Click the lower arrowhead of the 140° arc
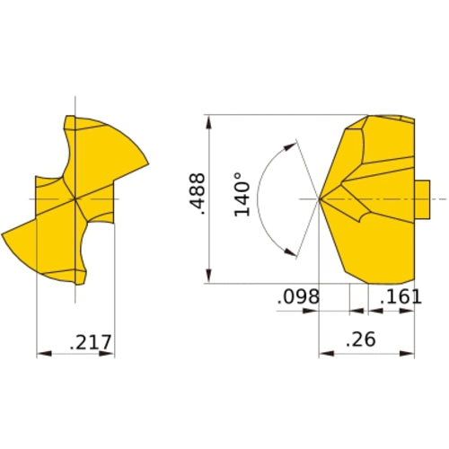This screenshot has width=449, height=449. [291, 252]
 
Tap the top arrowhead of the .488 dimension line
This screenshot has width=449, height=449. [208, 120]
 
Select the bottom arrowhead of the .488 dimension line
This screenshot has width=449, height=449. [208, 278]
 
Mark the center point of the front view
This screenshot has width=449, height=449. [75, 198]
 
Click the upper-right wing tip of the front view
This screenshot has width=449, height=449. [145, 164]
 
